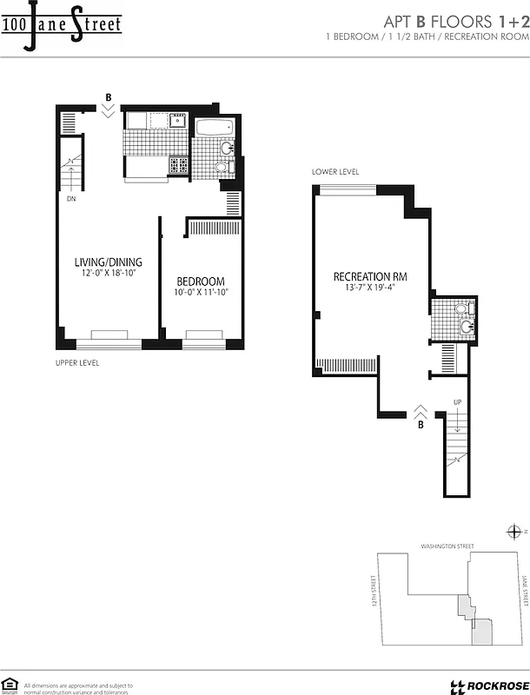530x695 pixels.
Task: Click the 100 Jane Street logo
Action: coord(61,24)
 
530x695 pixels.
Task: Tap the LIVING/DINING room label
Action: coord(107,262)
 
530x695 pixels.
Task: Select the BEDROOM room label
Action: coord(201,281)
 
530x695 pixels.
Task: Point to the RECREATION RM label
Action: coord(370,277)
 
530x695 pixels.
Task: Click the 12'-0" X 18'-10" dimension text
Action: coord(107,274)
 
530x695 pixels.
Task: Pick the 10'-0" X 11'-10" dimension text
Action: coord(201,293)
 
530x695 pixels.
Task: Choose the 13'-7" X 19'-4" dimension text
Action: coord(370,289)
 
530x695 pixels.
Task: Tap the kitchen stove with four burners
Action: coord(178,163)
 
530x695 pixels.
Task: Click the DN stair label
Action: coord(70,197)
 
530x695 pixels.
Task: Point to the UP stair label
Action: coord(457,402)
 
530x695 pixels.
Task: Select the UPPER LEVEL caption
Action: coord(77,362)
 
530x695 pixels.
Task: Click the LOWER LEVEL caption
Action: coord(335,172)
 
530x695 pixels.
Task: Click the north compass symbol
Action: coord(513,532)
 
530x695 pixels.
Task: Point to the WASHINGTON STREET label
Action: coord(447,546)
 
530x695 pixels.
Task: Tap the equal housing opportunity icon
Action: coord(11,684)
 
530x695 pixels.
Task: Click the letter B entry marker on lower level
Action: coord(421,425)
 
